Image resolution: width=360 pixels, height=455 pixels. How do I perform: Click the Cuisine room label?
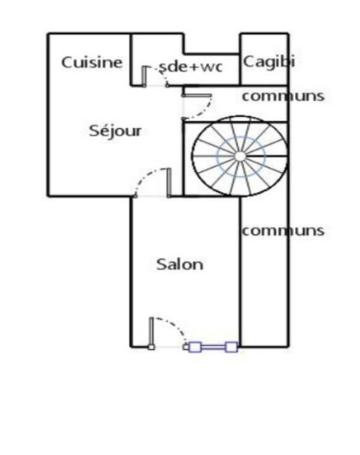pyautogui.click(x=92, y=63)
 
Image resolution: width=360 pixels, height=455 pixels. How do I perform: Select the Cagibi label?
pyautogui.click(x=269, y=62)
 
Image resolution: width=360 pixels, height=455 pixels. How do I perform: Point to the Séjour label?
pyautogui.click(x=116, y=131)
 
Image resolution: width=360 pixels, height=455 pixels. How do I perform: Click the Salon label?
pyautogui.click(x=180, y=265)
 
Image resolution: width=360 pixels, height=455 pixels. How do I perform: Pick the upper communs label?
pyautogui.click(x=283, y=97)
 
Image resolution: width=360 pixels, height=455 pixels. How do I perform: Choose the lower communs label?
pyautogui.click(x=283, y=231)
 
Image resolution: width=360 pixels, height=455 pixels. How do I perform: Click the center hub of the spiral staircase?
pyautogui.click(x=240, y=156)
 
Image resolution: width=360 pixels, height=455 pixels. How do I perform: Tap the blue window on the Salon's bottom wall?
pyautogui.click(x=213, y=347)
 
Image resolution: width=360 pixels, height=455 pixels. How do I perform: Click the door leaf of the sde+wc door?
pyautogui.click(x=144, y=76)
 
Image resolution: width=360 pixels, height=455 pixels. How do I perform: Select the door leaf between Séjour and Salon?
pyautogui.click(x=169, y=183)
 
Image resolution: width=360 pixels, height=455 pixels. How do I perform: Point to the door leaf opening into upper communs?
pyautogui.click(x=197, y=95)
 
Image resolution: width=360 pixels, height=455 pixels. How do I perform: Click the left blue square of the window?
pyautogui.click(x=195, y=347)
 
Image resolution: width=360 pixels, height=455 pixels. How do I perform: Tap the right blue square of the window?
pyautogui.click(x=231, y=347)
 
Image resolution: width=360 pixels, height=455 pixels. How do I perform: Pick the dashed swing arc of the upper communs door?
pyautogui.click(x=205, y=111)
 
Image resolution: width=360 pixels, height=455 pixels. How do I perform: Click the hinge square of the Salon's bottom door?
pyautogui.click(x=151, y=347)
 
